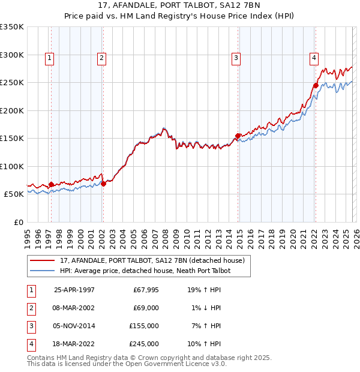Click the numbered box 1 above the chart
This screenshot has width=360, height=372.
(x=49, y=58)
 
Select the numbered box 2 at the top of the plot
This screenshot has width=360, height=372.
(x=101, y=58)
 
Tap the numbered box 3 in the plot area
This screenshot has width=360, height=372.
(x=236, y=58)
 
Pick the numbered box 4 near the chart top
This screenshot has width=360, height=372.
(x=314, y=58)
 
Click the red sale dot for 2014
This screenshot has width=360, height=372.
(x=238, y=136)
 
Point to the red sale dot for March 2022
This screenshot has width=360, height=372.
(x=315, y=85)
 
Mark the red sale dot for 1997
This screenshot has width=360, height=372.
(x=52, y=184)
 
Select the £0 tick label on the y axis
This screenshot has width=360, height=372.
(x=17, y=222)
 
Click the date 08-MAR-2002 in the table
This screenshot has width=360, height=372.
(x=74, y=307)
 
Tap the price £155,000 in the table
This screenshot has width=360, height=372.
(x=144, y=326)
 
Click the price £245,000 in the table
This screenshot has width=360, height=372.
(x=144, y=344)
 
